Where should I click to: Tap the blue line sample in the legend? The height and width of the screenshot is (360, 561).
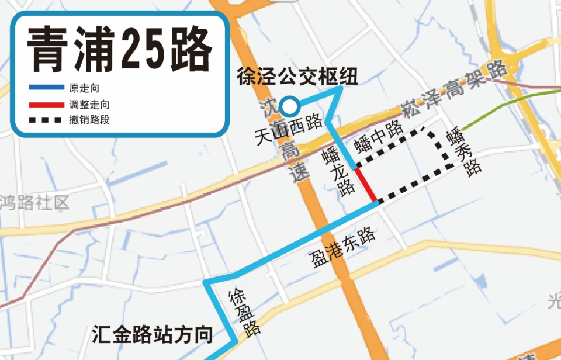(46, 88)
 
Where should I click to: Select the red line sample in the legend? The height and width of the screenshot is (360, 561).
(46, 105)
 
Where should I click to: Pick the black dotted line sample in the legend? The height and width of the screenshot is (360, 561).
(46, 121)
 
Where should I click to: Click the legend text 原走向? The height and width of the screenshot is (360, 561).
(84, 88)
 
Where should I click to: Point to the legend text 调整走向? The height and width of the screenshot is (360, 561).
(89, 105)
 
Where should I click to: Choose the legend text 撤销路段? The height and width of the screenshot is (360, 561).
(89, 121)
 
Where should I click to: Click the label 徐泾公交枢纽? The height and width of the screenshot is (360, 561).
(297, 76)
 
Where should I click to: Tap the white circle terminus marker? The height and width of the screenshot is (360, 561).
(290, 106)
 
